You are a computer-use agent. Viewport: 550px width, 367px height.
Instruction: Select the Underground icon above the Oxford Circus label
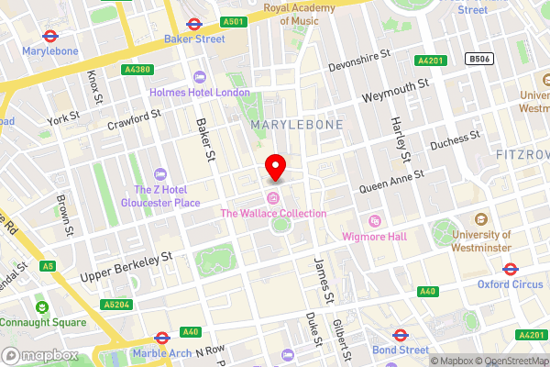pyautogui.click(x=511, y=269)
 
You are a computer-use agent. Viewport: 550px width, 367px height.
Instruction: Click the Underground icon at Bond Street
pyautogui.click(x=400, y=335)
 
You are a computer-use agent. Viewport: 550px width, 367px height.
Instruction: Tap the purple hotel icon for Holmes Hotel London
pyautogui.click(x=201, y=78)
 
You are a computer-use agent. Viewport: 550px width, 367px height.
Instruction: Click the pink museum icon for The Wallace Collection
pyautogui.click(x=272, y=199)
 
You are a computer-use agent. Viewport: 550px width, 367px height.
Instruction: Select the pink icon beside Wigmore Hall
pyautogui.click(x=374, y=221)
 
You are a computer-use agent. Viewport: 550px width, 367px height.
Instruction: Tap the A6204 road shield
pyautogui.click(x=115, y=304)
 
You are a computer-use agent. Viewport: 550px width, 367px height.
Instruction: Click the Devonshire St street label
pyautogui.click(x=365, y=66)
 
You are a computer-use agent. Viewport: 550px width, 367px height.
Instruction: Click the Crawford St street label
pyautogui.click(x=134, y=120)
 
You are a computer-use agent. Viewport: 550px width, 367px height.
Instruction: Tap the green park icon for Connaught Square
pyautogui.click(x=40, y=307)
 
